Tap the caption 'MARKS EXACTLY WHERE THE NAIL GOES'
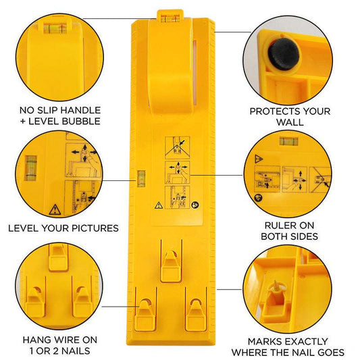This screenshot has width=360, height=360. (x=288, y=346)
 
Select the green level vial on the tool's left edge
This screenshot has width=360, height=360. (x=142, y=179)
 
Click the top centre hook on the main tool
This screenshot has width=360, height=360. (x=170, y=260)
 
